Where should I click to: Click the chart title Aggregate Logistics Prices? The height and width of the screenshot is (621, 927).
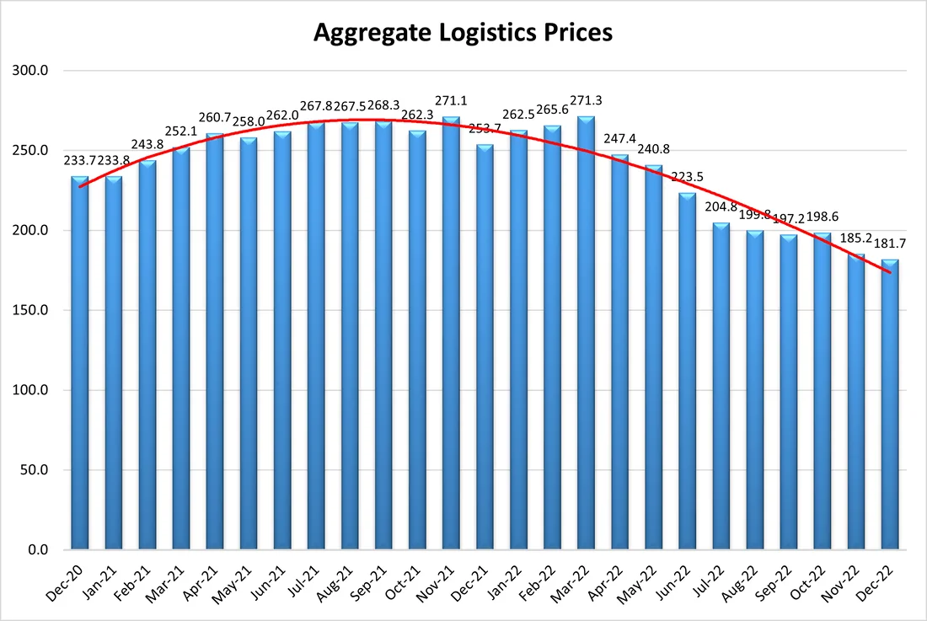click(463, 33)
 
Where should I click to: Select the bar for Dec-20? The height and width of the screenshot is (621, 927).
click(80, 362)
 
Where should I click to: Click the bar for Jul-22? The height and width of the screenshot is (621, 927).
click(721, 388)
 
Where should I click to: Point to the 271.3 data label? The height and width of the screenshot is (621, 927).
click(587, 107)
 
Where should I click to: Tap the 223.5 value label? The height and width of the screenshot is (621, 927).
click(688, 177)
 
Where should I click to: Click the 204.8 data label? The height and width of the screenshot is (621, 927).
click(721, 207)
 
